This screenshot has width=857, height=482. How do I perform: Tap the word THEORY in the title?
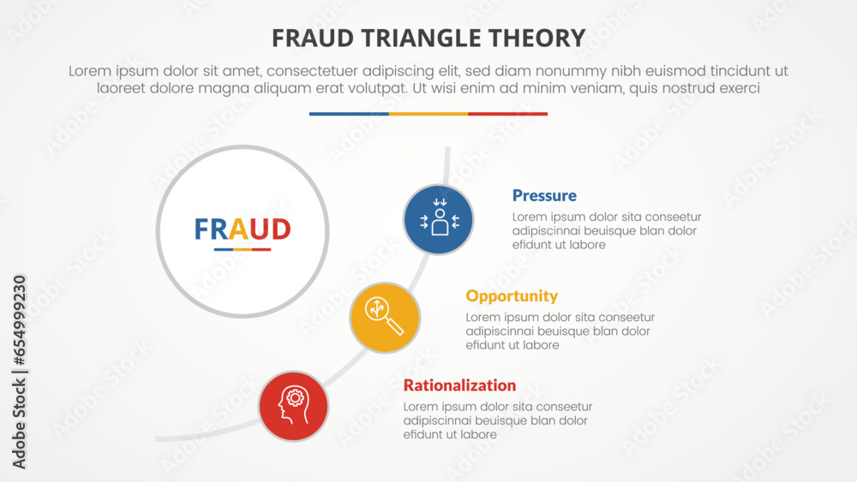pyautogui.click(x=543, y=38)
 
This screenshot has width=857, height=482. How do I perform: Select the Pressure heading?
pyautogui.click(x=544, y=195)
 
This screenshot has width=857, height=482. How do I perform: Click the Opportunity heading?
pyautogui.click(x=512, y=296)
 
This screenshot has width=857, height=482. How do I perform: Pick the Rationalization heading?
pyautogui.click(x=459, y=385)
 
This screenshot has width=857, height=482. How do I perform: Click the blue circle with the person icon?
pyautogui.click(x=439, y=220)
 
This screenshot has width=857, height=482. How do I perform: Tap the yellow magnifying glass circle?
pyautogui.click(x=385, y=318)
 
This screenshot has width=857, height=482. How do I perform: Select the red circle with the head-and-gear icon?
pyautogui.click(x=294, y=406)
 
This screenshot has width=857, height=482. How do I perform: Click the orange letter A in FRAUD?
pyautogui.click(x=239, y=229)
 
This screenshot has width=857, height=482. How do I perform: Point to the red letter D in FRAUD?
pyautogui.click(x=280, y=229)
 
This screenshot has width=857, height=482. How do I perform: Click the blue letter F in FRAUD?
pyautogui.click(x=201, y=229)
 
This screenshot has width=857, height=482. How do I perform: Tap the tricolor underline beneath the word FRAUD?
pyautogui.click(x=243, y=250)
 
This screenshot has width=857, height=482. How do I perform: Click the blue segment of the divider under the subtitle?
pyautogui.click(x=349, y=114)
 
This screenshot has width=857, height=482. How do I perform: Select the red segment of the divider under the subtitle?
pyautogui.click(x=507, y=114)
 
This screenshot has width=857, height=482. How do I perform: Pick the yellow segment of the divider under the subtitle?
pyautogui.click(x=428, y=114)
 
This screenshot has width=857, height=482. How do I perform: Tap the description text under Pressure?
pyautogui.click(x=607, y=231)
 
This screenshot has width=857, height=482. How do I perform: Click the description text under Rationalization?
pyautogui.click(x=498, y=420)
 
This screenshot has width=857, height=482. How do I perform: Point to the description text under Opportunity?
pyautogui.click(x=560, y=331)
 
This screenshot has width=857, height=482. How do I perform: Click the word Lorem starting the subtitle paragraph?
pyautogui.click(x=90, y=72)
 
